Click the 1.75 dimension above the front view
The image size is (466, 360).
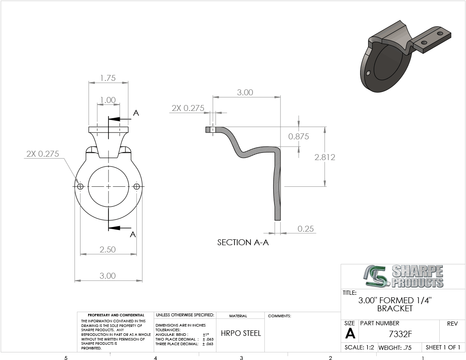[108, 78]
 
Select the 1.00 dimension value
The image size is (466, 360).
[108, 100]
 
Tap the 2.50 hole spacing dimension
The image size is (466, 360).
[108, 249]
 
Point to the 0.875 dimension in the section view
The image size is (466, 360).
[299, 137]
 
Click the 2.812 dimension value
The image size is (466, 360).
[325, 157]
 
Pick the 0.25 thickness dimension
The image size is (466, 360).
[305, 229]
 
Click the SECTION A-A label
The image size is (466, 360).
[243, 243]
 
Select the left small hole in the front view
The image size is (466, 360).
[80, 186]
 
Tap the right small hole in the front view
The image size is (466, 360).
[136, 186]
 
